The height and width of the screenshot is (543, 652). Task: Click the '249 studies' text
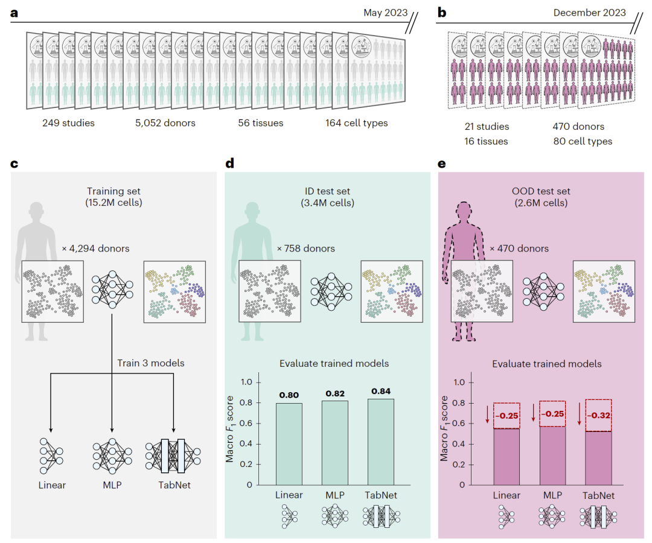coord(68,124)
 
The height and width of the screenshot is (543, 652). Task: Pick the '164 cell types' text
coord(356,124)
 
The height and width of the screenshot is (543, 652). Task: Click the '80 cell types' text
coord(583,142)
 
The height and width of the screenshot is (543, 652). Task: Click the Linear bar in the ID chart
coord(289,443)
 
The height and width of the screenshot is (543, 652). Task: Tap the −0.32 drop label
coord(599,416)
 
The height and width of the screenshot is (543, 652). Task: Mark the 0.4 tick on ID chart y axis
coord(246,443)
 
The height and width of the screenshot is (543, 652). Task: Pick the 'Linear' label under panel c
coord(51,484)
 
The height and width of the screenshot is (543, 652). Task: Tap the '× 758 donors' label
coord(305,248)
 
